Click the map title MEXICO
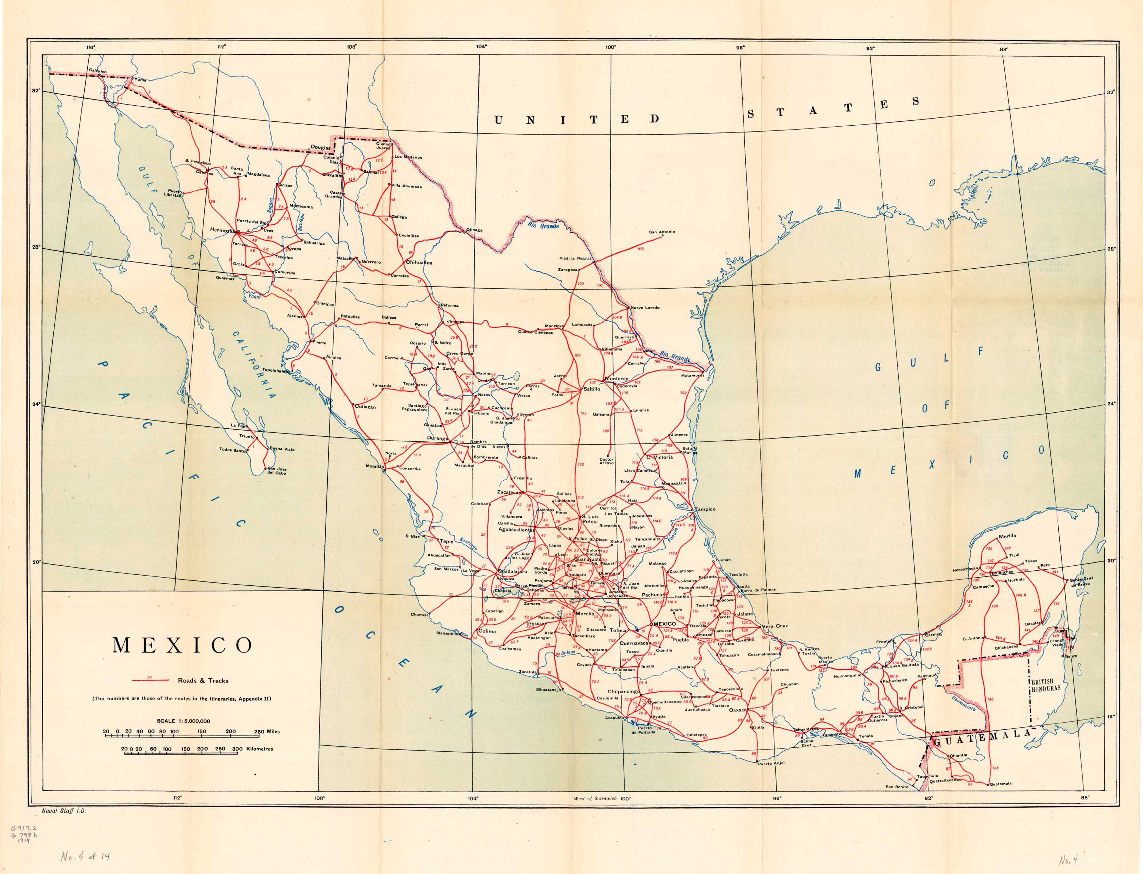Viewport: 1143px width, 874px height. coord(182,646)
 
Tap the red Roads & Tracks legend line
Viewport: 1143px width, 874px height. coord(150,680)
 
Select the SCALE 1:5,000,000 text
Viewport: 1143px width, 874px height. coord(183,721)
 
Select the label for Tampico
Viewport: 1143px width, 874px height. coord(705,509)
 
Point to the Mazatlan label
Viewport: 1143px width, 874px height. coord(374,466)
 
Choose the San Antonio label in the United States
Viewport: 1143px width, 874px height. coord(662,232)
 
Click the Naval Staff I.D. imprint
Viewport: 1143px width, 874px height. coord(63,811)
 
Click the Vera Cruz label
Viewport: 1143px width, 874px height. coord(775,626)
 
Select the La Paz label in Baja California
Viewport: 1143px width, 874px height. coord(237,426)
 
